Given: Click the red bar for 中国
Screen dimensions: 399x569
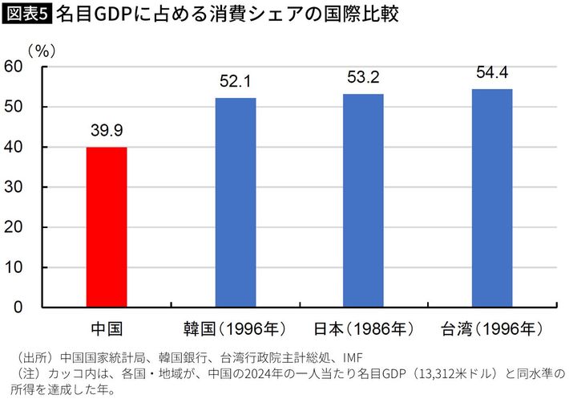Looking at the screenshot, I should pyautogui.click(x=107, y=227).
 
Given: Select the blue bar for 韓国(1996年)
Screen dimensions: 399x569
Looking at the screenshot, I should pyautogui.click(x=236, y=202).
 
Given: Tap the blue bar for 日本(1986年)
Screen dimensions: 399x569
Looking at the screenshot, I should pyautogui.click(x=364, y=201).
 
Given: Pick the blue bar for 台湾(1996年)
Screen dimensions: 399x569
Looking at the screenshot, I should pyautogui.click(x=492, y=198).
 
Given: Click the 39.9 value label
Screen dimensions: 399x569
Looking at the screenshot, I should pyautogui.click(x=107, y=131).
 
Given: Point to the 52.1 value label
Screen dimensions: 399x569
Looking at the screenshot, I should pyautogui.click(x=236, y=82).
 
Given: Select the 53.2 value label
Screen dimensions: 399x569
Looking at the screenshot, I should pyautogui.click(x=364, y=78).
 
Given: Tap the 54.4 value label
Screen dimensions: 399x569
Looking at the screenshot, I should pyautogui.click(x=492, y=73).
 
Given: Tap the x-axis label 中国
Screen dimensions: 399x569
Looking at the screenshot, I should pyautogui.click(x=107, y=328).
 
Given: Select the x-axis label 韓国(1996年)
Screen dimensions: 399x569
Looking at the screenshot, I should pyautogui.click(x=236, y=328).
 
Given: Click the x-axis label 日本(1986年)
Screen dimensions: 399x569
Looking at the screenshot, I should pyautogui.click(x=364, y=328).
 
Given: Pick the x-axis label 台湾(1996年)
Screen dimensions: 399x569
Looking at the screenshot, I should pyautogui.click(x=492, y=328).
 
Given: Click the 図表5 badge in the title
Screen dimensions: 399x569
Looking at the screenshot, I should pyautogui.click(x=26, y=14).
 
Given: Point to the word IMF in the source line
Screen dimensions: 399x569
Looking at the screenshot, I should pyautogui.click(x=352, y=358).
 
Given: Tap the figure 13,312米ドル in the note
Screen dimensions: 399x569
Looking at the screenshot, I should pyautogui.click(x=463, y=374).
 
